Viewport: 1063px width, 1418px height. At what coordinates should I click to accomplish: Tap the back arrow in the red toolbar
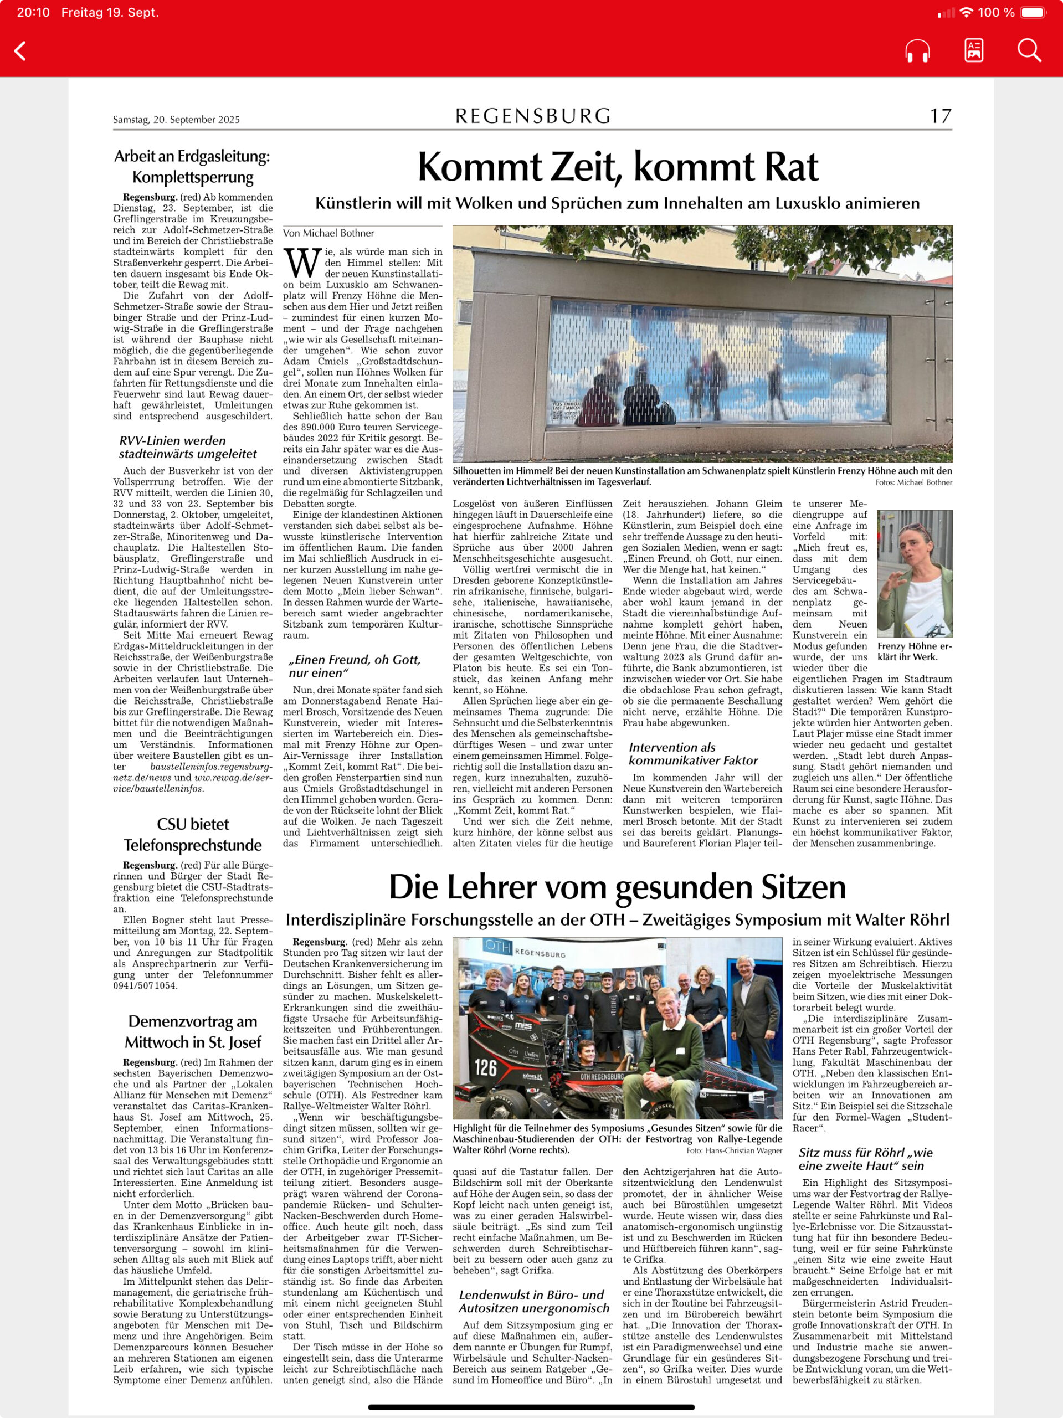click(x=20, y=50)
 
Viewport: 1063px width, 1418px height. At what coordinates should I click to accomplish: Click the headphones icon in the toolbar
click(x=917, y=50)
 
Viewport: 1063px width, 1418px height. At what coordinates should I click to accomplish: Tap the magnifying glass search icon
click(x=1029, y=50)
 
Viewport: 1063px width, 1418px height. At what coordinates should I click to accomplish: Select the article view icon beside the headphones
click(x=973, y=50)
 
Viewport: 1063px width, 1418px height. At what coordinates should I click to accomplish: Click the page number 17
click(x=941, y=116)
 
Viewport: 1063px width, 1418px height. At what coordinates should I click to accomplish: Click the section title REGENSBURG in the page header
click(x=533, y=116)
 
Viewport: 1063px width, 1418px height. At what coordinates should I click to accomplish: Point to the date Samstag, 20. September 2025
click(x=176, y=119)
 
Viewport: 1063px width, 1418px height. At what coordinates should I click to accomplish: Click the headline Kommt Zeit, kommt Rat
click(x=618, y=167)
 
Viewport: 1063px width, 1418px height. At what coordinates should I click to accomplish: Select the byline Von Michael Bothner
click(x=328, y=233)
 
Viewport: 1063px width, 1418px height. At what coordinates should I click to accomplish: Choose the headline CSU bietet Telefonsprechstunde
click(x=193, y=834)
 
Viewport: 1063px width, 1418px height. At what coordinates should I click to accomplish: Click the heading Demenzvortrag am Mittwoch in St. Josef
click(x=193, y=1031)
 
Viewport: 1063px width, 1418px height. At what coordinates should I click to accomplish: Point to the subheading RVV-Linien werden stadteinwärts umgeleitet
click(x=188, y=447)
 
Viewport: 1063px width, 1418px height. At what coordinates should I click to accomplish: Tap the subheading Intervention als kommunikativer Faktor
click(x=693, y=753)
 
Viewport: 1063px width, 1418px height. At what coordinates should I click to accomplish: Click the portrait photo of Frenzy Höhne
click(x=914, y=573)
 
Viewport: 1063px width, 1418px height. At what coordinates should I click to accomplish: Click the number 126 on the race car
click(x=485, y=1067)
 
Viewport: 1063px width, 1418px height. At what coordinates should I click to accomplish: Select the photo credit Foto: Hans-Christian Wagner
click(x=733, y=1150)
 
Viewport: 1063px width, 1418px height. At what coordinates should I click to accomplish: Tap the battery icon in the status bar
click(x=1034, y=12)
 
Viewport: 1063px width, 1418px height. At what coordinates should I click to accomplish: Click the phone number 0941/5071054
click(x=146, y=985)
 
